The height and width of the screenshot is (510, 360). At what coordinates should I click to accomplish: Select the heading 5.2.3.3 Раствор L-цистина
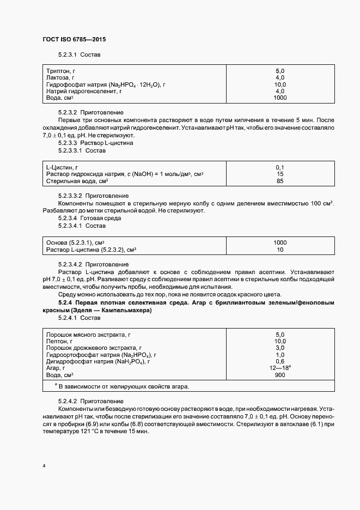[x=95, y=143]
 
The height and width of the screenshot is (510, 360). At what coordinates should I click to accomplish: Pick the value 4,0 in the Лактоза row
[x=280, y=78]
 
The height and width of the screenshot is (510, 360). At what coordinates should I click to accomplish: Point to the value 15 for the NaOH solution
[x=280, y=174]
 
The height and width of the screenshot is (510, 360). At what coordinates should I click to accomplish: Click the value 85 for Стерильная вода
[x=280, y=180]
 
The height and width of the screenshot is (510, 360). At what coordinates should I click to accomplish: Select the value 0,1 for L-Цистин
[x=280, y=167]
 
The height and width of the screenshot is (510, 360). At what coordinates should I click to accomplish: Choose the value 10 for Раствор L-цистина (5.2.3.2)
[x=280, y=250]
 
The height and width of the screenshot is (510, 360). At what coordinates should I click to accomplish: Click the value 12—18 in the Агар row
[x=279, y=368]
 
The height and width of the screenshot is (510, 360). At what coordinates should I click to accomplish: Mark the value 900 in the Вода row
[x=280, y=375]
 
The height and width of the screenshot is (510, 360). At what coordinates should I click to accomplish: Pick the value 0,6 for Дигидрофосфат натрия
[x=280, y=361]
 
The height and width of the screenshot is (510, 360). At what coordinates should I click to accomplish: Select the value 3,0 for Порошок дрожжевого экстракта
[x=280, y=348]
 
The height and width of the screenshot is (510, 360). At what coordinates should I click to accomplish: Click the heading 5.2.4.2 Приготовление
[x=86, y=401]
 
